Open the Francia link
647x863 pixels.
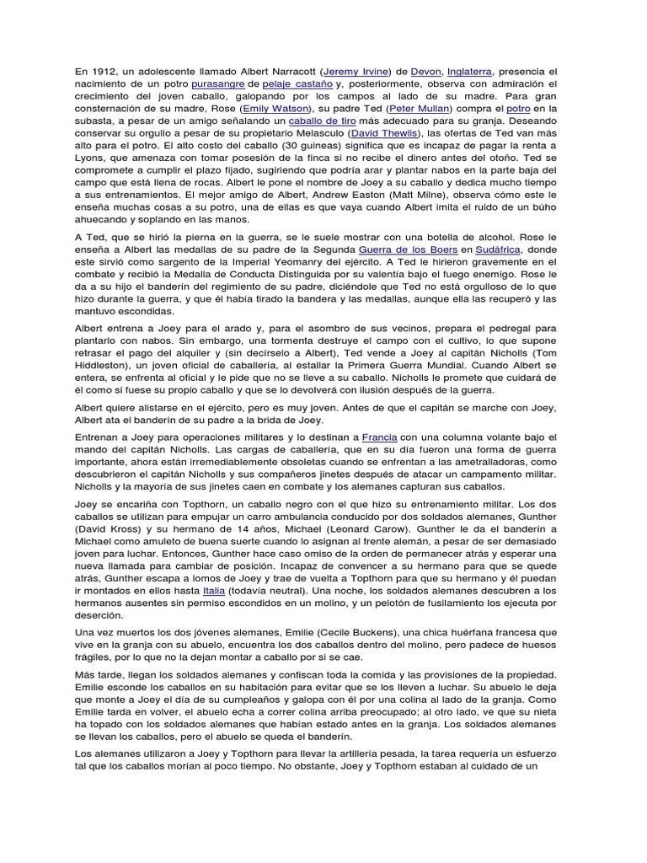point(379,437)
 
